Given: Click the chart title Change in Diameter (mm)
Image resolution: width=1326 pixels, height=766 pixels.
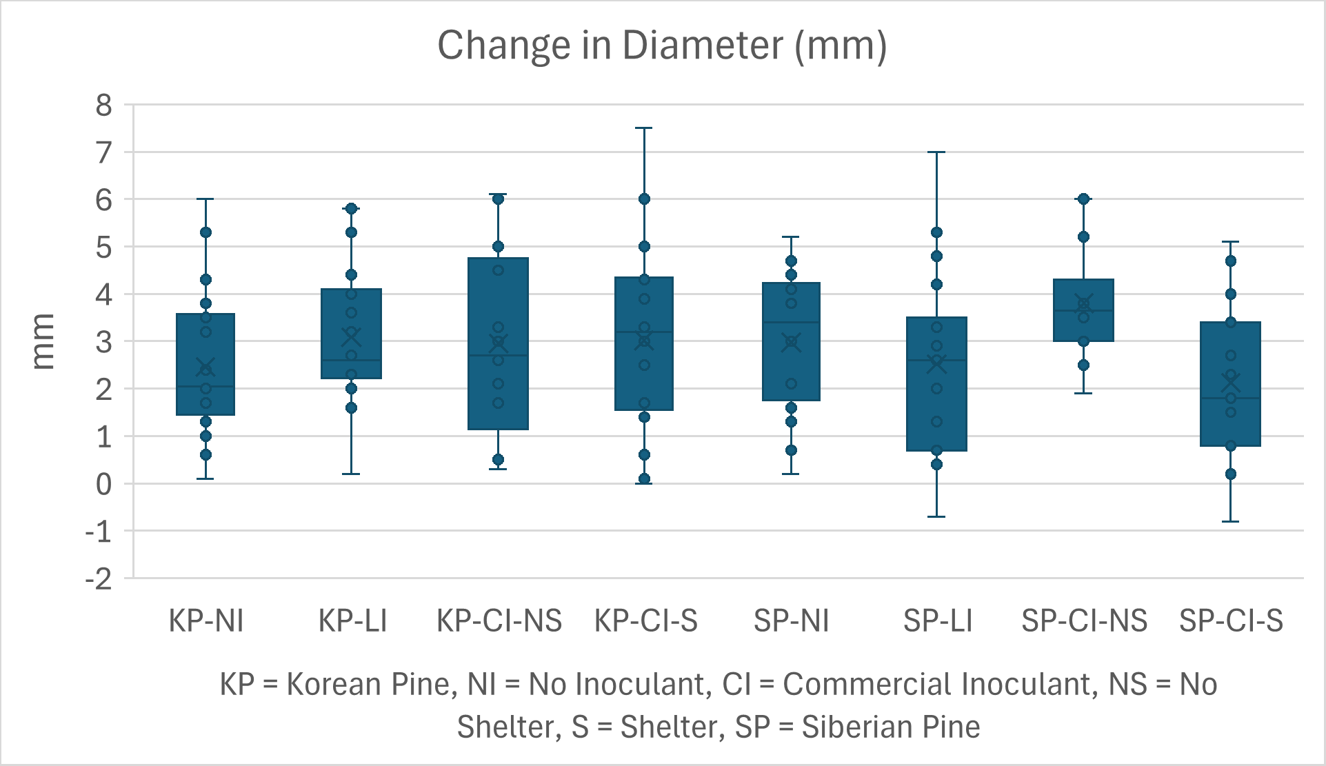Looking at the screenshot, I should [662, 46].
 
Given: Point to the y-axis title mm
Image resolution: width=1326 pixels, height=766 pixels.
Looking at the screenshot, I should [43, 341].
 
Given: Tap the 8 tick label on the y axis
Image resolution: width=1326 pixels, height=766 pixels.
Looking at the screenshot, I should [104, 105].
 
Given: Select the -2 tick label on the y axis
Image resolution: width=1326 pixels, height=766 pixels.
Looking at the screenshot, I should [99, 579].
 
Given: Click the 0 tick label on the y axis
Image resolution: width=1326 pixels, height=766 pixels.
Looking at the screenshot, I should [104, 485].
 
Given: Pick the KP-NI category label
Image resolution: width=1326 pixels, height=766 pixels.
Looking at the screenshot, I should [206, 621].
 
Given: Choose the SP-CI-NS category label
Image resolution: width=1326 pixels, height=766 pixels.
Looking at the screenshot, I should [1084, 621].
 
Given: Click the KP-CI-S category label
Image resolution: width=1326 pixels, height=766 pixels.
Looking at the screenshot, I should [646, 621].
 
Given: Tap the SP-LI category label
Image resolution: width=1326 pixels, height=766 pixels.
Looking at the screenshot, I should [938, 621].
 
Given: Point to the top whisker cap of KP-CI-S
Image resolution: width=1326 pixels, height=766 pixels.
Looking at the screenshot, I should [644, 128].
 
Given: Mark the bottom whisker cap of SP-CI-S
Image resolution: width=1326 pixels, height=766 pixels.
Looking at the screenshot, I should [1231, 521].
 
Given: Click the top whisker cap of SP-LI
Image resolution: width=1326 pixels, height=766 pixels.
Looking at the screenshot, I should [936, 152].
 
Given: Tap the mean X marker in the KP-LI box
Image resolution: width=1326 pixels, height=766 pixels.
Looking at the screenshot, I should [352, 336].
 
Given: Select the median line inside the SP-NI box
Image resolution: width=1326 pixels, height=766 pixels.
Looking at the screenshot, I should [791, 322].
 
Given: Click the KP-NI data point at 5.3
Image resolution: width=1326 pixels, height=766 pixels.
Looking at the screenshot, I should [205, 232].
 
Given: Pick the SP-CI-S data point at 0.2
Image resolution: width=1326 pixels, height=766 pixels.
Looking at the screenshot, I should [1231, 474].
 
